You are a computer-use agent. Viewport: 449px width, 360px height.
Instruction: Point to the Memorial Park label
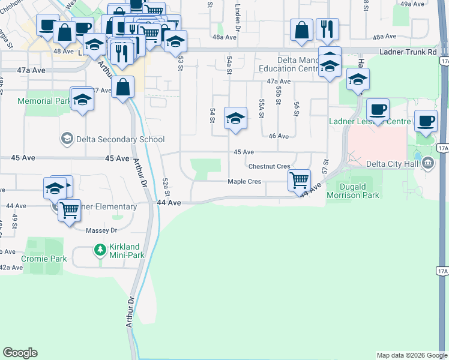(x=44, y=101)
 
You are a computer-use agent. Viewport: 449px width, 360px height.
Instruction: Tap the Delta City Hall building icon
(x=427, y=162)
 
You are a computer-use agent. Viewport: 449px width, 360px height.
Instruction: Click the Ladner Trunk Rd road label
(x=408, y=52)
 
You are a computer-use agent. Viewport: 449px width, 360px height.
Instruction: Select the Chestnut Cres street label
(x=269, y=166)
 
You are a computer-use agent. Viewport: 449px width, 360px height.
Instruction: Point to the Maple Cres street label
(x=244, y=182)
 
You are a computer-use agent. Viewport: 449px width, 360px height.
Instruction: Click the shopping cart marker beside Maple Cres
(x=298, y=179)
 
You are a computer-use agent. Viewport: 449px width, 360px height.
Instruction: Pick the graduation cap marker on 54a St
(x=235, y=118)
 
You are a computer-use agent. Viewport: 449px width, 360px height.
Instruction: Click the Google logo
(x=20, y=353)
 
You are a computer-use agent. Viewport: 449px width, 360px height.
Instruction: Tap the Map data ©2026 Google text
(x=411, y=355)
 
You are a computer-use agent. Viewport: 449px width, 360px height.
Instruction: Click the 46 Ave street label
(x=279, y=136)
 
